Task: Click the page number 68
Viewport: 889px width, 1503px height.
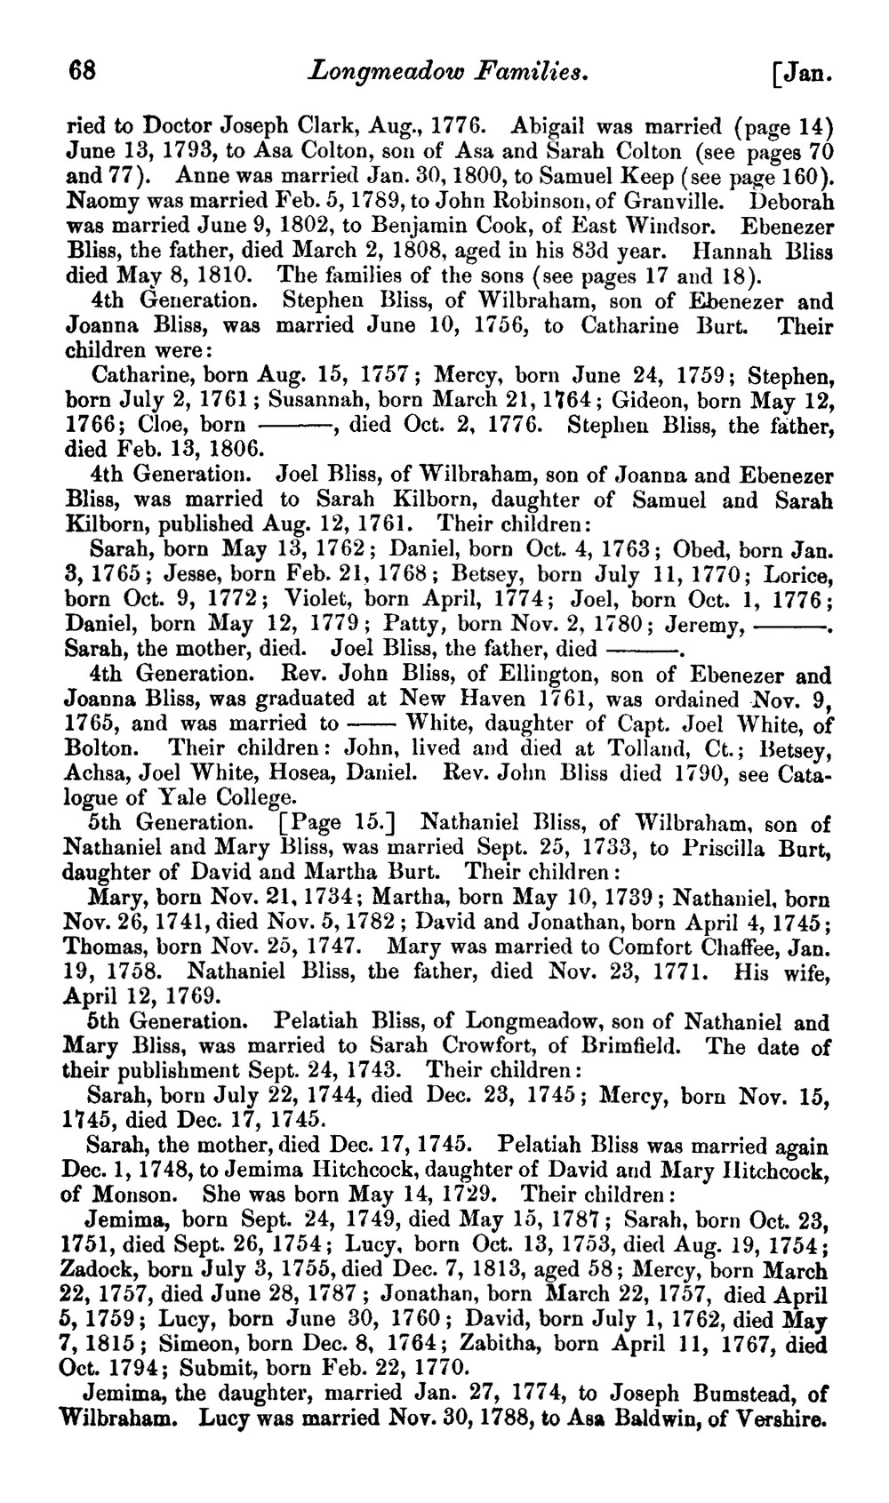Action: pos(82,70)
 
